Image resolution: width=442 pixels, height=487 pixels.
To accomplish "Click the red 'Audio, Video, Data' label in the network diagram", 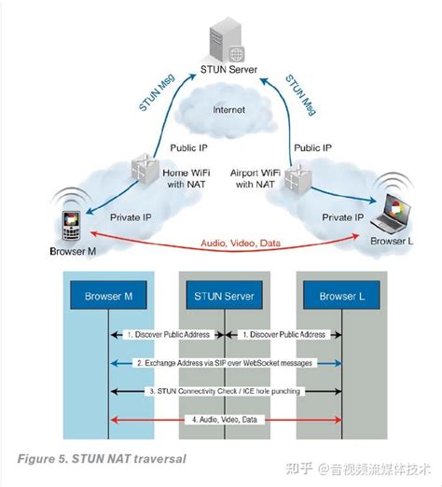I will coord(242,243).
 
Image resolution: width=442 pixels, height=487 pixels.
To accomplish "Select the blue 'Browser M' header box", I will coord(109,298).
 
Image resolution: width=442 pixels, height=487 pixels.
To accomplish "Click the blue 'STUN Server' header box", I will coord(225,298).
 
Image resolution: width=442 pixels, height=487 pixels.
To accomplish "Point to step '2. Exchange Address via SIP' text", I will coord(224,361).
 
